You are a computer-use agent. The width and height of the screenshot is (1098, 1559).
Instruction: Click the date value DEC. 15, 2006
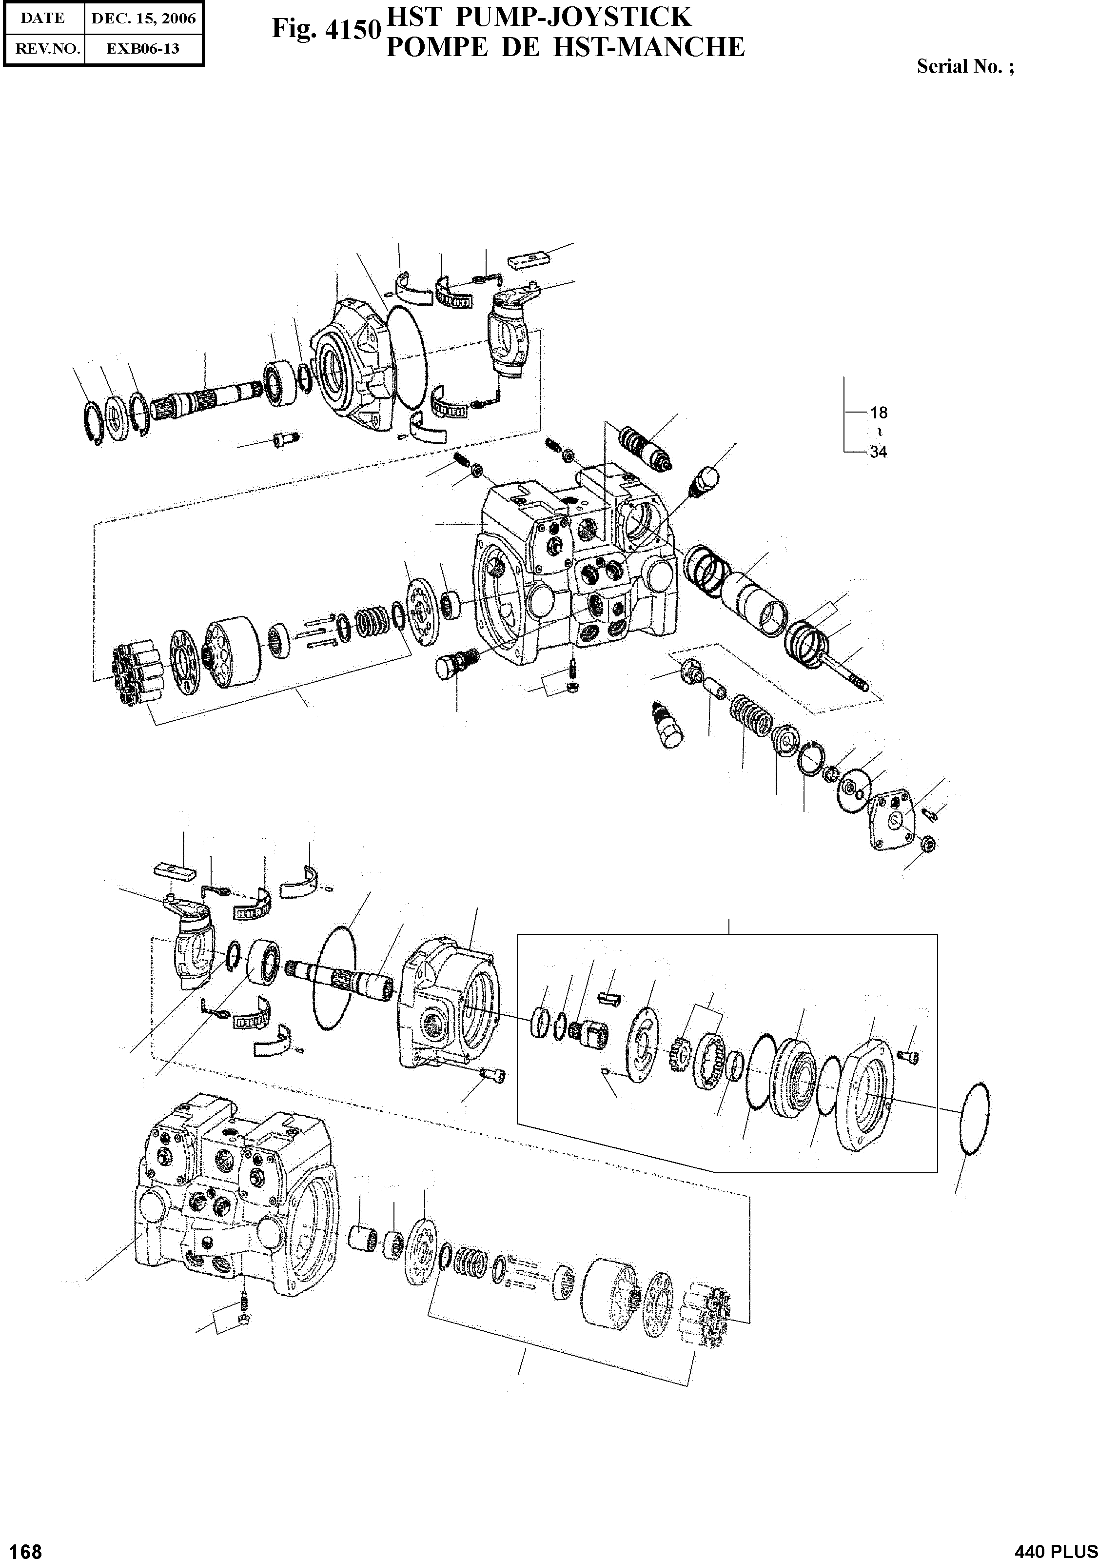[143, 19]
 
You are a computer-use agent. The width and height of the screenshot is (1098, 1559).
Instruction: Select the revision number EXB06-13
[143, 49]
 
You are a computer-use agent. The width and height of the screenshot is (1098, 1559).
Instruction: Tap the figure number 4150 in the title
[351, 29]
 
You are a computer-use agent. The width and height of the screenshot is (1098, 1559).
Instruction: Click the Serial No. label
[965, 66]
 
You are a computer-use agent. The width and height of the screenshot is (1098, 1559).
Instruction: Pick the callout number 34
[878, 452]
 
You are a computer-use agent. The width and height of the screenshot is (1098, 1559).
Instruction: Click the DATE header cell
[43, 19]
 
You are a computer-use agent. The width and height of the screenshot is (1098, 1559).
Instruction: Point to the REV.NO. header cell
[43, 49]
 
